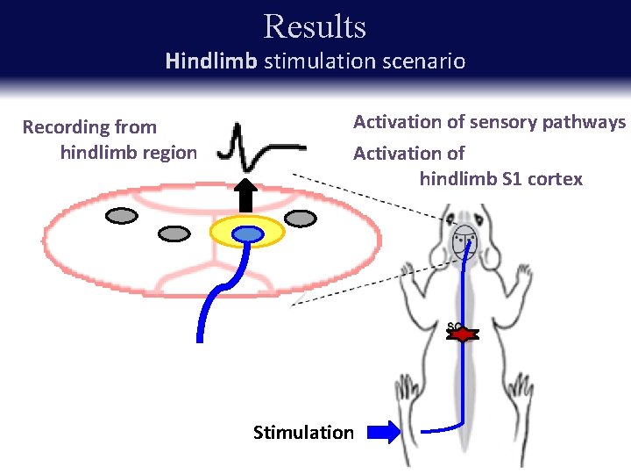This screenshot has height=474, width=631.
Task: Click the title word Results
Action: [315, 26]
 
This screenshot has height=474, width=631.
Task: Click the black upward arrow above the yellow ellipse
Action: [247, 196]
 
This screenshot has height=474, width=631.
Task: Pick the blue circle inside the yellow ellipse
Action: [248, 233]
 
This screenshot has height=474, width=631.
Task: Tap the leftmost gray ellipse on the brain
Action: [121, 215]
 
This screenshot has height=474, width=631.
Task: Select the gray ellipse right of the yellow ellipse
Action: [300, 218]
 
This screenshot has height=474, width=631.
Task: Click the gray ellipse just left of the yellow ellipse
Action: [174, 233]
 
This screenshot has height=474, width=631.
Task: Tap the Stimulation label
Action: [303, 432]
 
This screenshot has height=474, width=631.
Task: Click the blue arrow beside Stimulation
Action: [382, 432]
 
